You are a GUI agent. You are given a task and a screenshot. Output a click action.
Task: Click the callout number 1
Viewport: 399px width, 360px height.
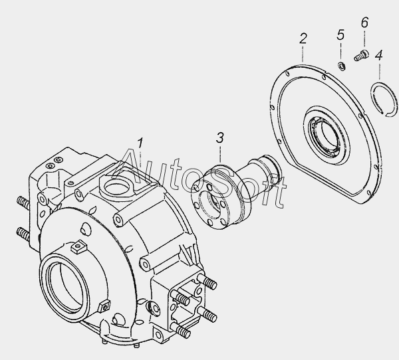(140, 143)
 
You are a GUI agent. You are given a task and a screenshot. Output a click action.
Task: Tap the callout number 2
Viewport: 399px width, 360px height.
(303, 39)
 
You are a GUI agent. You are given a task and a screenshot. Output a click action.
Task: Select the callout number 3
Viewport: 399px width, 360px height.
(220, 137)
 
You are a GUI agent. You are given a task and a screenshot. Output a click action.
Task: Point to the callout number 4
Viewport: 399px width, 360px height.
(378, 55)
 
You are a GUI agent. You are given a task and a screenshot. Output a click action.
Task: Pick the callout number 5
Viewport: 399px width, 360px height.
(340, 35)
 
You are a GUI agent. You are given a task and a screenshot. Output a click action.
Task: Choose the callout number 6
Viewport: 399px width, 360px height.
(364, 23)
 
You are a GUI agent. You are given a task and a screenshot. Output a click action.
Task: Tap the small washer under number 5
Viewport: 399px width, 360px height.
(341, 66)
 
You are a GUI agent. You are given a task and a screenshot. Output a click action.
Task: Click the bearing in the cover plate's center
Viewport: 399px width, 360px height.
(327, 138)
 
